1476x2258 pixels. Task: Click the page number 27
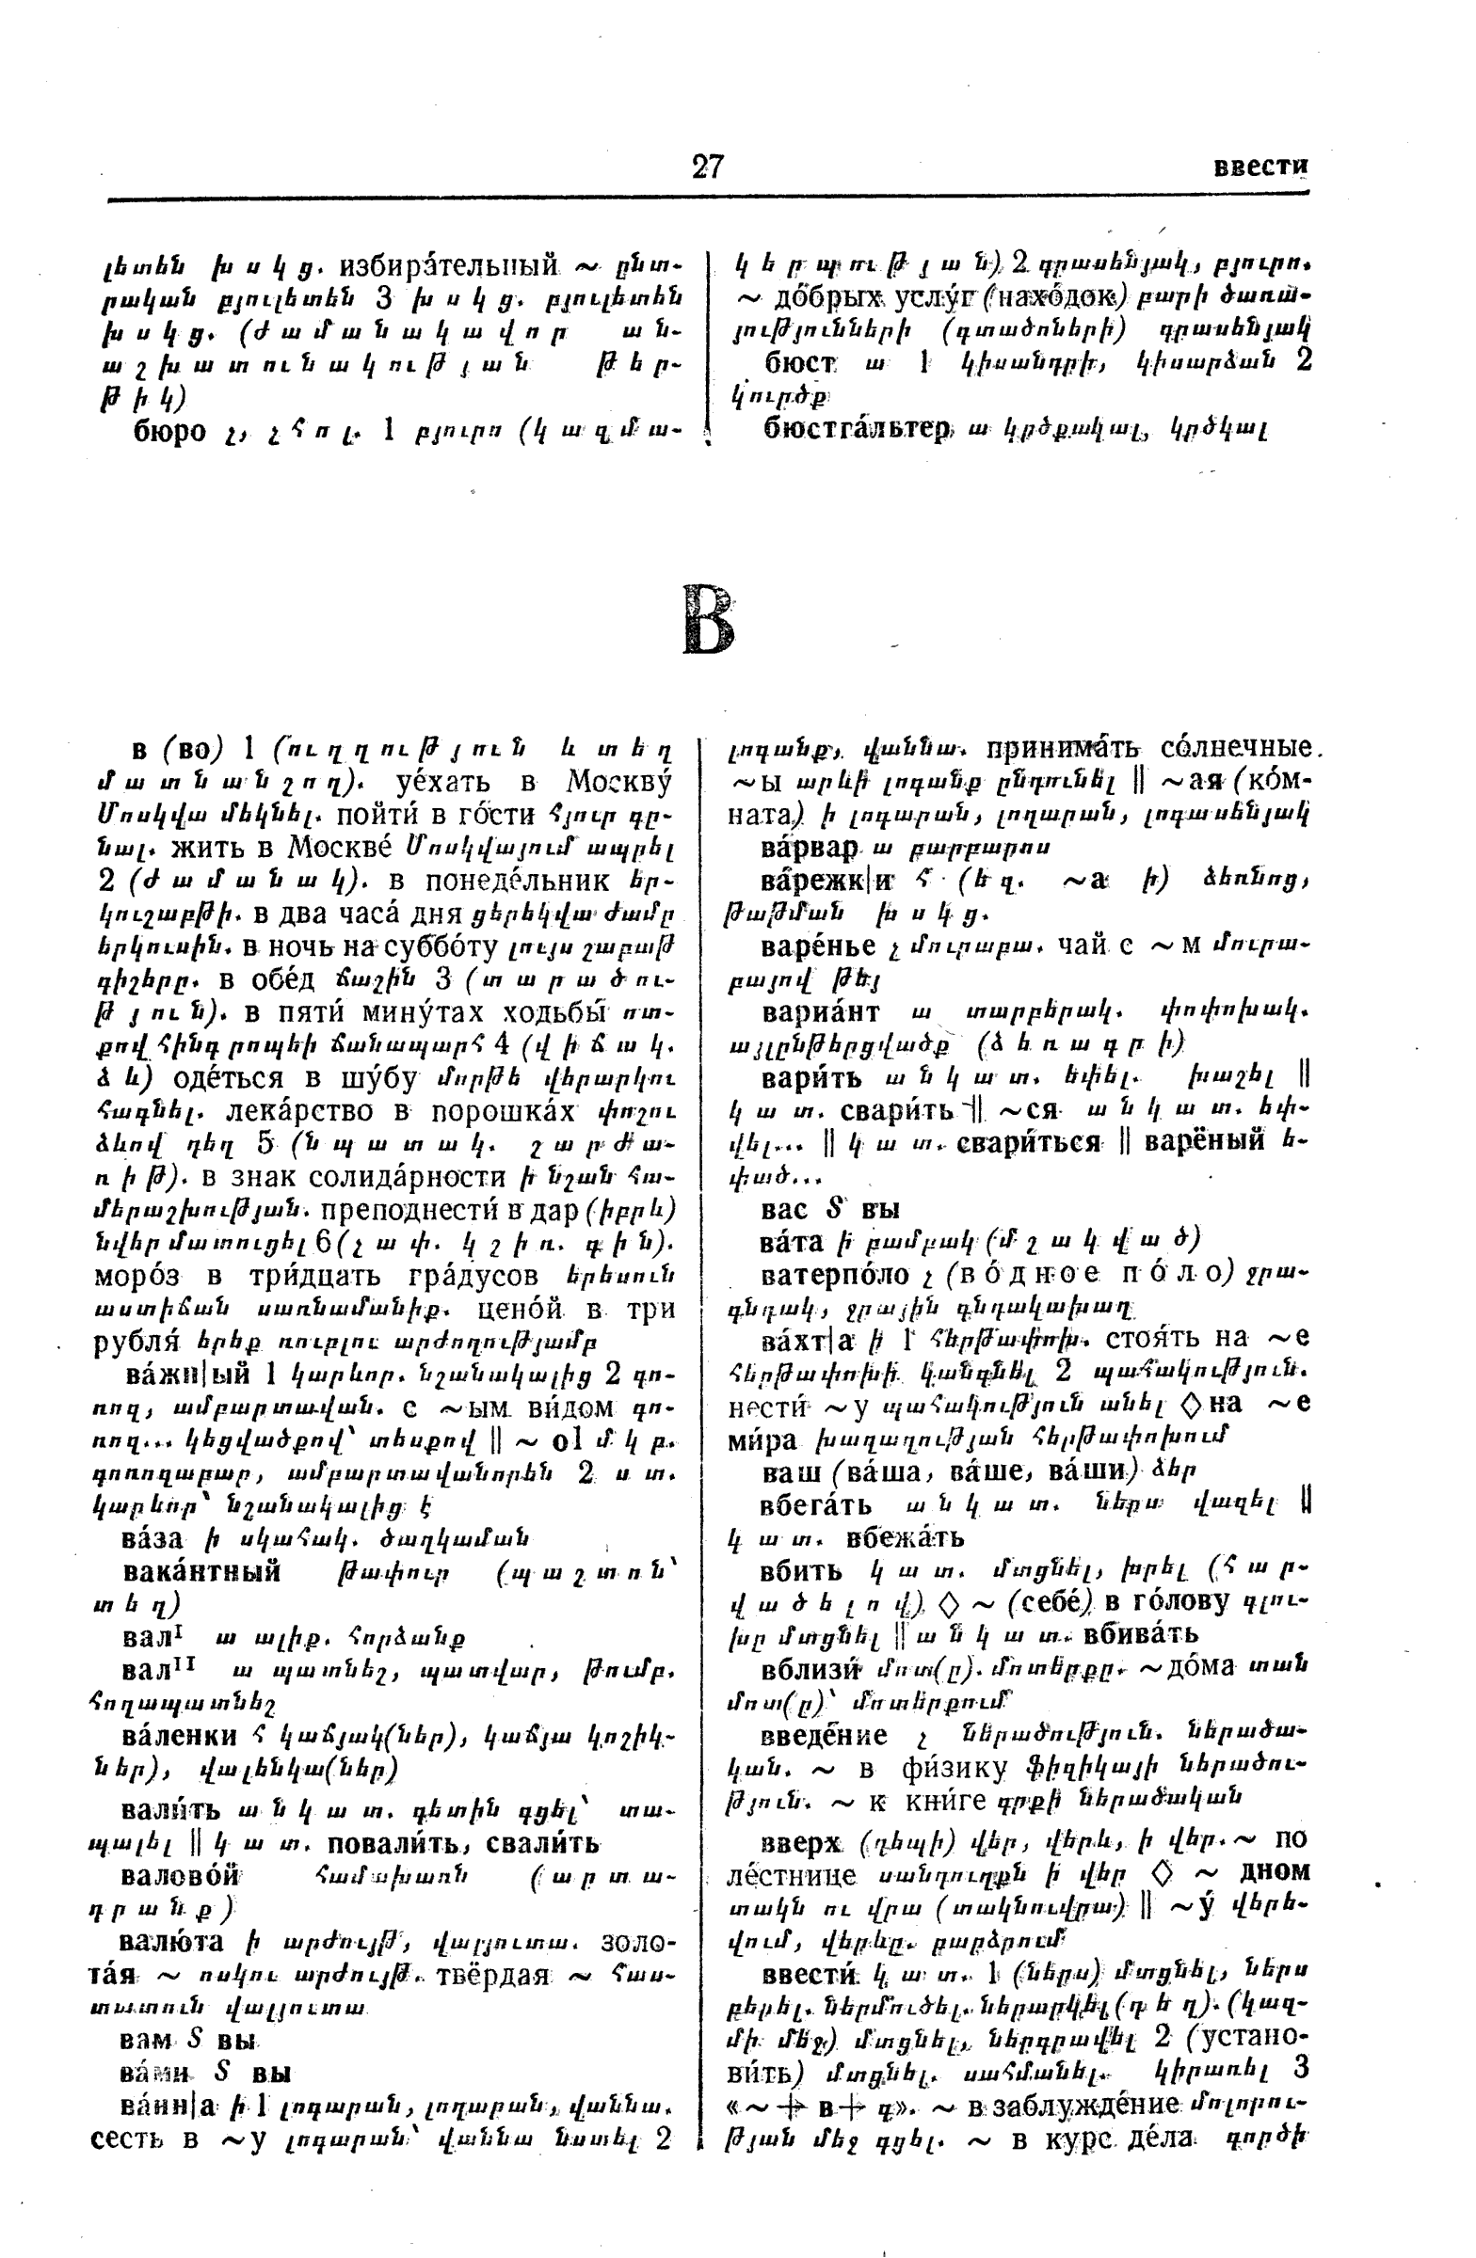tap(707, 167)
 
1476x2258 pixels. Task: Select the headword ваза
tap(155, 1535)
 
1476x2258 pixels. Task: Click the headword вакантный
tap(201, 1571)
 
